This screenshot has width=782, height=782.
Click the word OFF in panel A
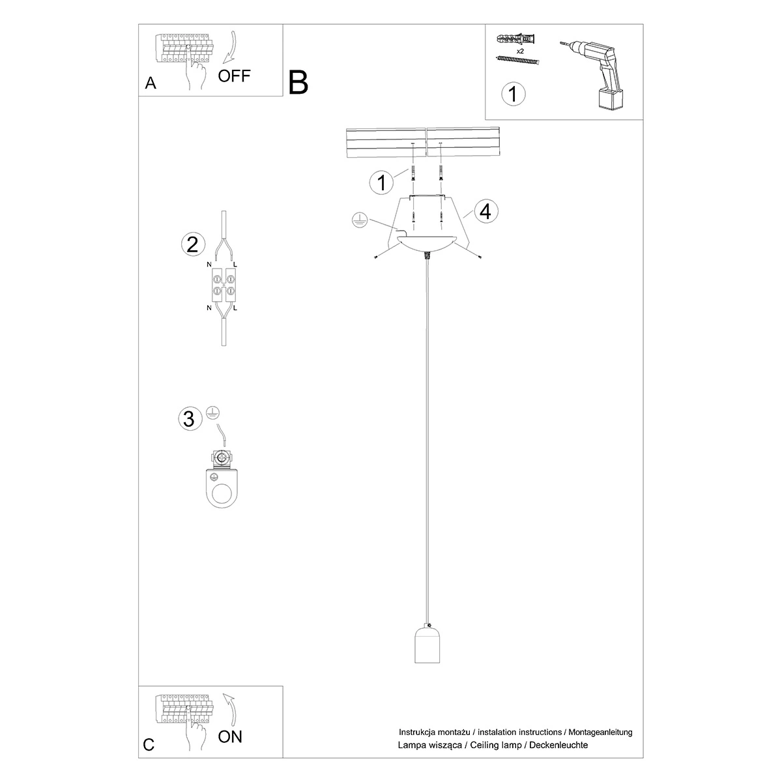pos(234,76)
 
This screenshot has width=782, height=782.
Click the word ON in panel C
pos(230,737)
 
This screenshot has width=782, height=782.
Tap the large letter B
pos(298,83)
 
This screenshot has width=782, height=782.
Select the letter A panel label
pos(151,83)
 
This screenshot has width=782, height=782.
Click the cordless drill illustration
pos(593,72)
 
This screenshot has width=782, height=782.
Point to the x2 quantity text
pos(520,50)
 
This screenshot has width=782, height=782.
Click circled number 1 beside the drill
pos(513,94)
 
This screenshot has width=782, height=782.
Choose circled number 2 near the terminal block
pos(192,244)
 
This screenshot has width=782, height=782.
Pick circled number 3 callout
pos(189,418)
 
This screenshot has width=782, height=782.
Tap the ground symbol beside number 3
pos(212,412)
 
